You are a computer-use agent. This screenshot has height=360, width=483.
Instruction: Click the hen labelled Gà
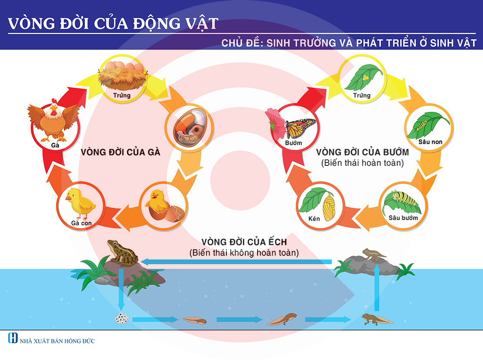pos(53,120)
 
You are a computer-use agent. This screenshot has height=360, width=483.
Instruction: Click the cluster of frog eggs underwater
pos(122,319)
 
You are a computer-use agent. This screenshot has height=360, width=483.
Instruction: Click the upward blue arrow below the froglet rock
pos(377,287)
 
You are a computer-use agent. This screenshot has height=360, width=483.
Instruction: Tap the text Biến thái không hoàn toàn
pos(244,253)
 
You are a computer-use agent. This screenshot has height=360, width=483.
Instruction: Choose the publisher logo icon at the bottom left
pos(13,338)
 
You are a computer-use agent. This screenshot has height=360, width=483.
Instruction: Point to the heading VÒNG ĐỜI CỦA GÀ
pos(120,152)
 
